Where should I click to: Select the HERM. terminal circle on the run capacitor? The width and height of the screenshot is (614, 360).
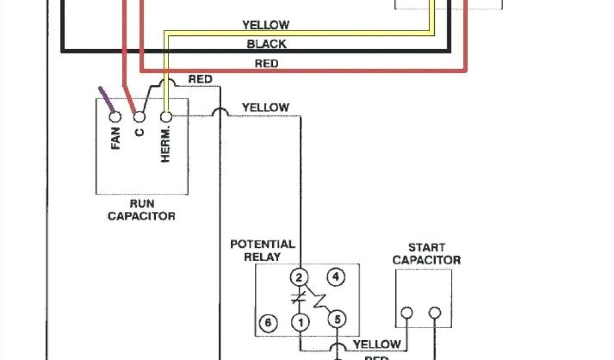coord(166,116)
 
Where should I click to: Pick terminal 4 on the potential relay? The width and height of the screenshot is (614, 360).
coord(336,277)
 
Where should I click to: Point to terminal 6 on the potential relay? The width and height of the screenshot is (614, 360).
coord(268,323)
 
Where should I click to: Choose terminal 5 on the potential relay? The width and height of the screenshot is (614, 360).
coord(338,320)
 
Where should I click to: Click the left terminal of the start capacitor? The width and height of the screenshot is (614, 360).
coord(407,313)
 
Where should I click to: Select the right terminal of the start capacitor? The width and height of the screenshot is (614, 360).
coord(435,313)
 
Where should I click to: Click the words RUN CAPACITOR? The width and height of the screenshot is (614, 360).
coord(142,210)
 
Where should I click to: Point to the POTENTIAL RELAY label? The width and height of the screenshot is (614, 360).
coord(263,250)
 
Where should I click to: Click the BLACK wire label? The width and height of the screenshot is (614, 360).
coord(267,44)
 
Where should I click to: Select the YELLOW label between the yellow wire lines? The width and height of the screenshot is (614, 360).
coord(266,25)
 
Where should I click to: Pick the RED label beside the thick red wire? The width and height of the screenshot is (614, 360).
coord(266,63)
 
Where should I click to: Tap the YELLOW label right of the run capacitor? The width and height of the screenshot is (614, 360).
coord(265,107)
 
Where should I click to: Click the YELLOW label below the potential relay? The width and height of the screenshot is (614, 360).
coord(377,344)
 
